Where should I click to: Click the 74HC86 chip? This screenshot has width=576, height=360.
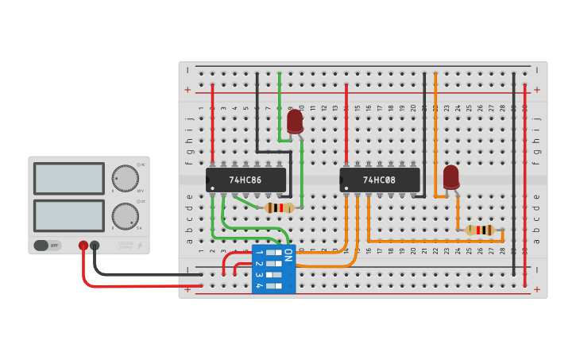245,180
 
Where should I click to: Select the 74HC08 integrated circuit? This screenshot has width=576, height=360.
379,180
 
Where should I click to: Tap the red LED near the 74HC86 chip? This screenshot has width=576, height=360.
295,122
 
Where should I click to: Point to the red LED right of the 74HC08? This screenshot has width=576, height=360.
451,177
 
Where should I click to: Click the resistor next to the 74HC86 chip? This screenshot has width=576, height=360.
279,208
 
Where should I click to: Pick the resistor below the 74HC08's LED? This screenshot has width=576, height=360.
481,230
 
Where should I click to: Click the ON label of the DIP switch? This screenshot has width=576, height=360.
288,255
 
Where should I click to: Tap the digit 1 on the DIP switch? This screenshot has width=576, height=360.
259,252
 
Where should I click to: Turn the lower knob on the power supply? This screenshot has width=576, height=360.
124,215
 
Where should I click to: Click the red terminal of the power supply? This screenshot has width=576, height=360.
83,246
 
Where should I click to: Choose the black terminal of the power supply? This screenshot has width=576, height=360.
95,246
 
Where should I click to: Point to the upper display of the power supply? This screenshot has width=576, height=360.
69,178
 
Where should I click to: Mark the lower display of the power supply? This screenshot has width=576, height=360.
69,215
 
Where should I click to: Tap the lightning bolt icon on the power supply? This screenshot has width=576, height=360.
141,246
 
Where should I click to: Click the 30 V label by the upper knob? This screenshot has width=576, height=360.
140,191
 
